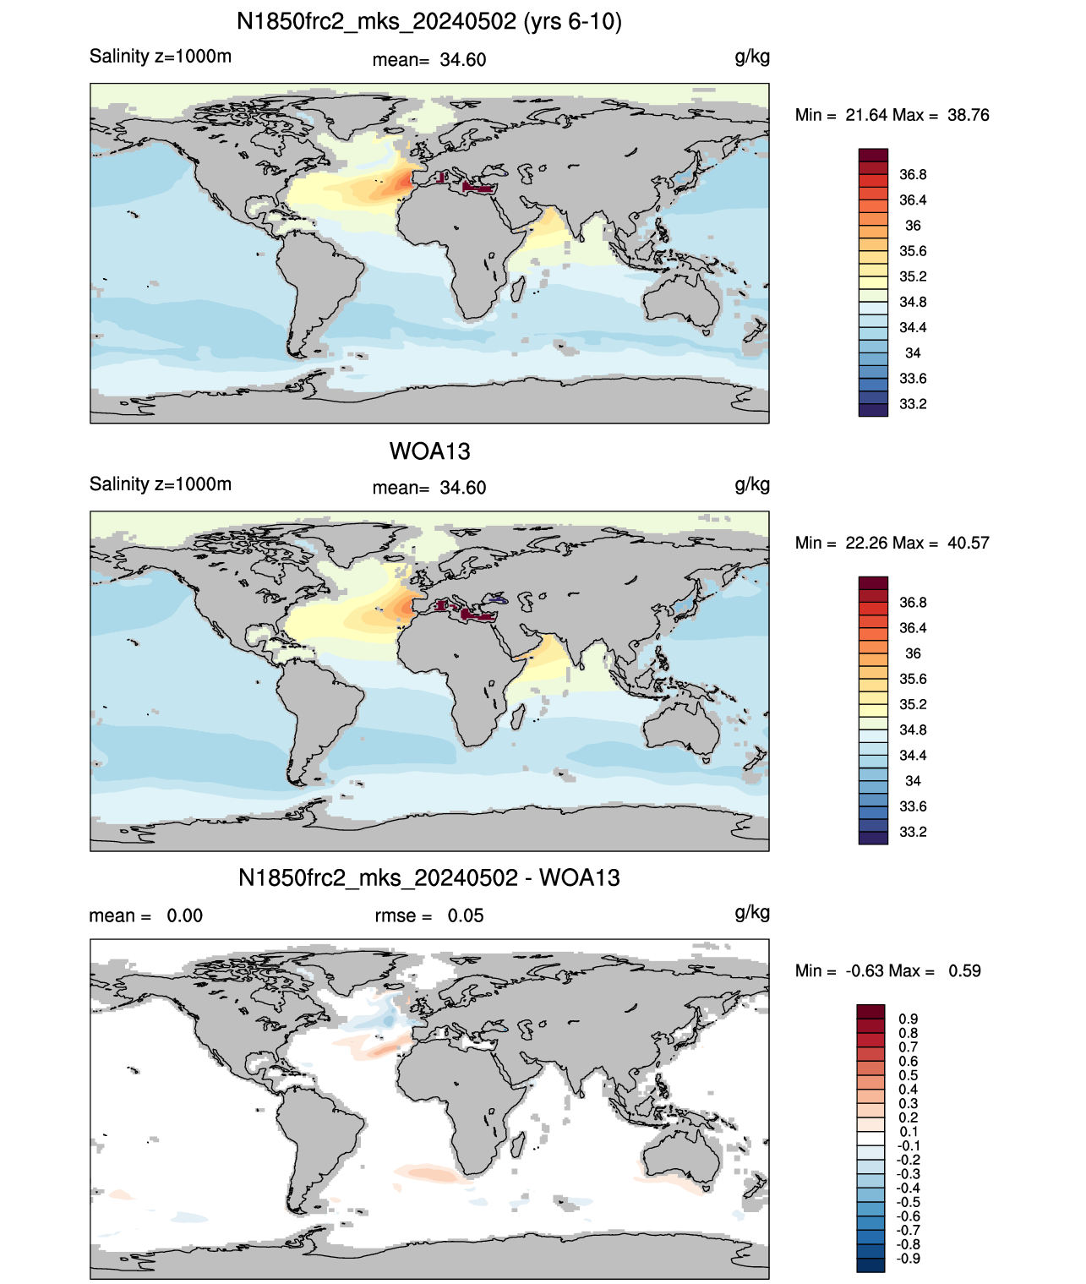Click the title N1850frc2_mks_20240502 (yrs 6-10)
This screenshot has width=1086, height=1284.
(x=429, y=22)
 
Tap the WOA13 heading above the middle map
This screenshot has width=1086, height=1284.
(x=429, y=451)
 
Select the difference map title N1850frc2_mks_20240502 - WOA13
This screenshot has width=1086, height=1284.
(x=429, y=877)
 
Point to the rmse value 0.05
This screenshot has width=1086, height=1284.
(x=465, y=915)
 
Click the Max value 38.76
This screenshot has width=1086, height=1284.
(x=968, y=115)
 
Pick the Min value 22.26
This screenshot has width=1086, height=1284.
(x=866, y=543)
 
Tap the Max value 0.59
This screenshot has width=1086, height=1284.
(x=964, y=971)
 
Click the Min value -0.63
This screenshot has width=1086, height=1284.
(x=864, y=971)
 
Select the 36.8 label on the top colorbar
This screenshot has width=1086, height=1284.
(x=913, y=175)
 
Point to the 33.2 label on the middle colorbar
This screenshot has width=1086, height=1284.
(x=913, y=832)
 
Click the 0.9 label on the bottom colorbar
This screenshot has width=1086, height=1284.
(x=908, y=1019)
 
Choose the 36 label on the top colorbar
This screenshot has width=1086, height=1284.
(x=913, y=226)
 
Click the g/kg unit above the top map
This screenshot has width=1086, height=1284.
(x=752, y=57)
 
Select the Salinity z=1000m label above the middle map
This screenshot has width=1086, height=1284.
(x=161, y=484)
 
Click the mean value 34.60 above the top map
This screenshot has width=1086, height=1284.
(x=462, y=60)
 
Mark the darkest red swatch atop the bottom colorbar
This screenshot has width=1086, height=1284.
(x=870, y=1012)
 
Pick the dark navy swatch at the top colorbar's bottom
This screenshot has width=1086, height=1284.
(x=873, y=410)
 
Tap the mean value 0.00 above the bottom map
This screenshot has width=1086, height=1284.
(x=184, y=915)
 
